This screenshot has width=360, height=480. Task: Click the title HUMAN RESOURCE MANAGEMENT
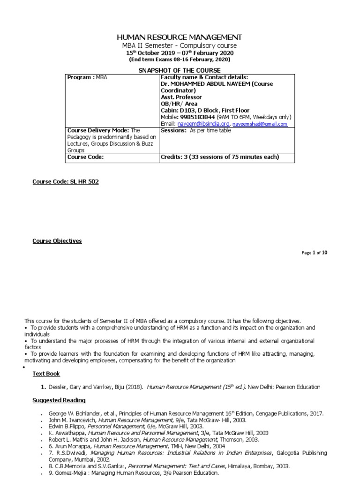pos(180,37)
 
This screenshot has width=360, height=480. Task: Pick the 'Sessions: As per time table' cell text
pos(196,131)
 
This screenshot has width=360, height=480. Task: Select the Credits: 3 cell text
pos(220,157)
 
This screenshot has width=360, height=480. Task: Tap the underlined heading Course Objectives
pos(57,241)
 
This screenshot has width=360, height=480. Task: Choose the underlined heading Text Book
pos(46,374)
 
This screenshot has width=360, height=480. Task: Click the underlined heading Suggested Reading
pos(59,401)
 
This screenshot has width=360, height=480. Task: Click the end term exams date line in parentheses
pos(180,60)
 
